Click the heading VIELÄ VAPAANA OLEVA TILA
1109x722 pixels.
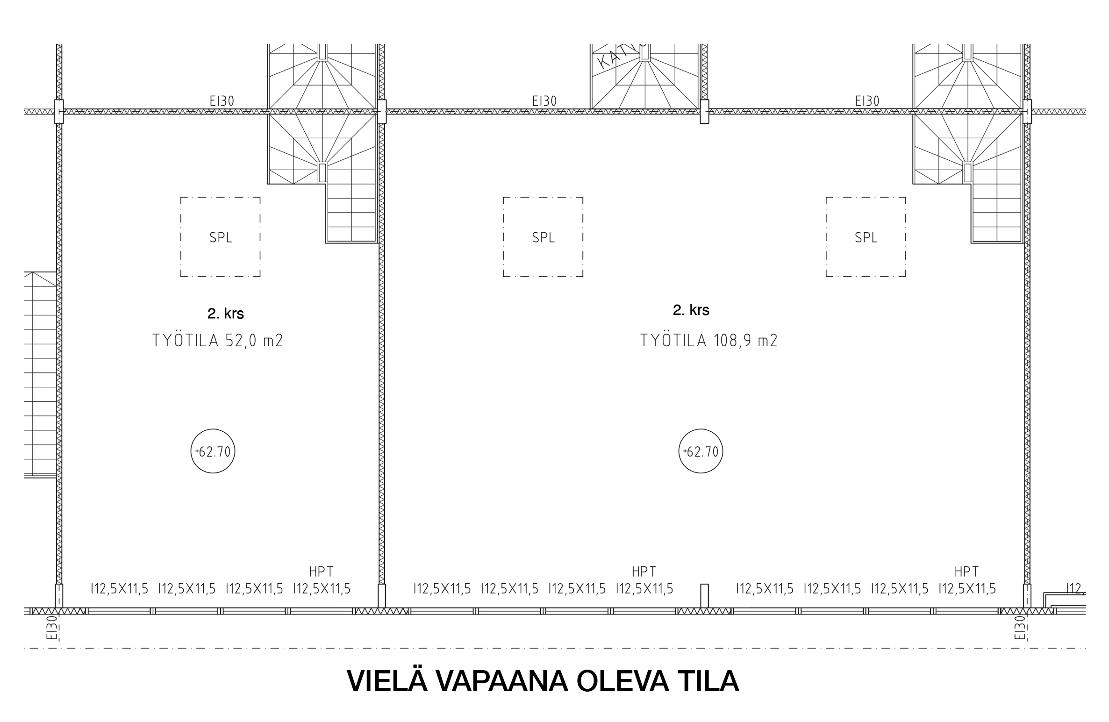tap(543, 681)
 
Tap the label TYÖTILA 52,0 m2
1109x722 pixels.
tap(218, 341)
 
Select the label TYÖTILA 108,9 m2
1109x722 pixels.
tap(708, 341)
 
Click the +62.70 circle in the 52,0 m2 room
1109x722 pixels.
tap(213, 452)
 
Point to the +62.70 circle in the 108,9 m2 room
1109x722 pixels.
tap(701, 452)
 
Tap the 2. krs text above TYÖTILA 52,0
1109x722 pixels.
tap(226, 314)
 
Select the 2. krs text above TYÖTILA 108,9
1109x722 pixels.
tap(691, 310)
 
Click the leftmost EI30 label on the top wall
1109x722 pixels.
tap(222, 101)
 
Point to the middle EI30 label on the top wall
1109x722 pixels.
tap(544, 101)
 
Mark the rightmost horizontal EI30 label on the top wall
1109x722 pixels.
tap(867, 101)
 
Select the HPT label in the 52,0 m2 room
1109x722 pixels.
tap(321, 572)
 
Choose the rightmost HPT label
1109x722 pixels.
tap(966, 572)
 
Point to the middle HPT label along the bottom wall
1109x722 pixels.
tap(644, 572)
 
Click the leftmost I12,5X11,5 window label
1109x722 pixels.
tap(119, 589)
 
